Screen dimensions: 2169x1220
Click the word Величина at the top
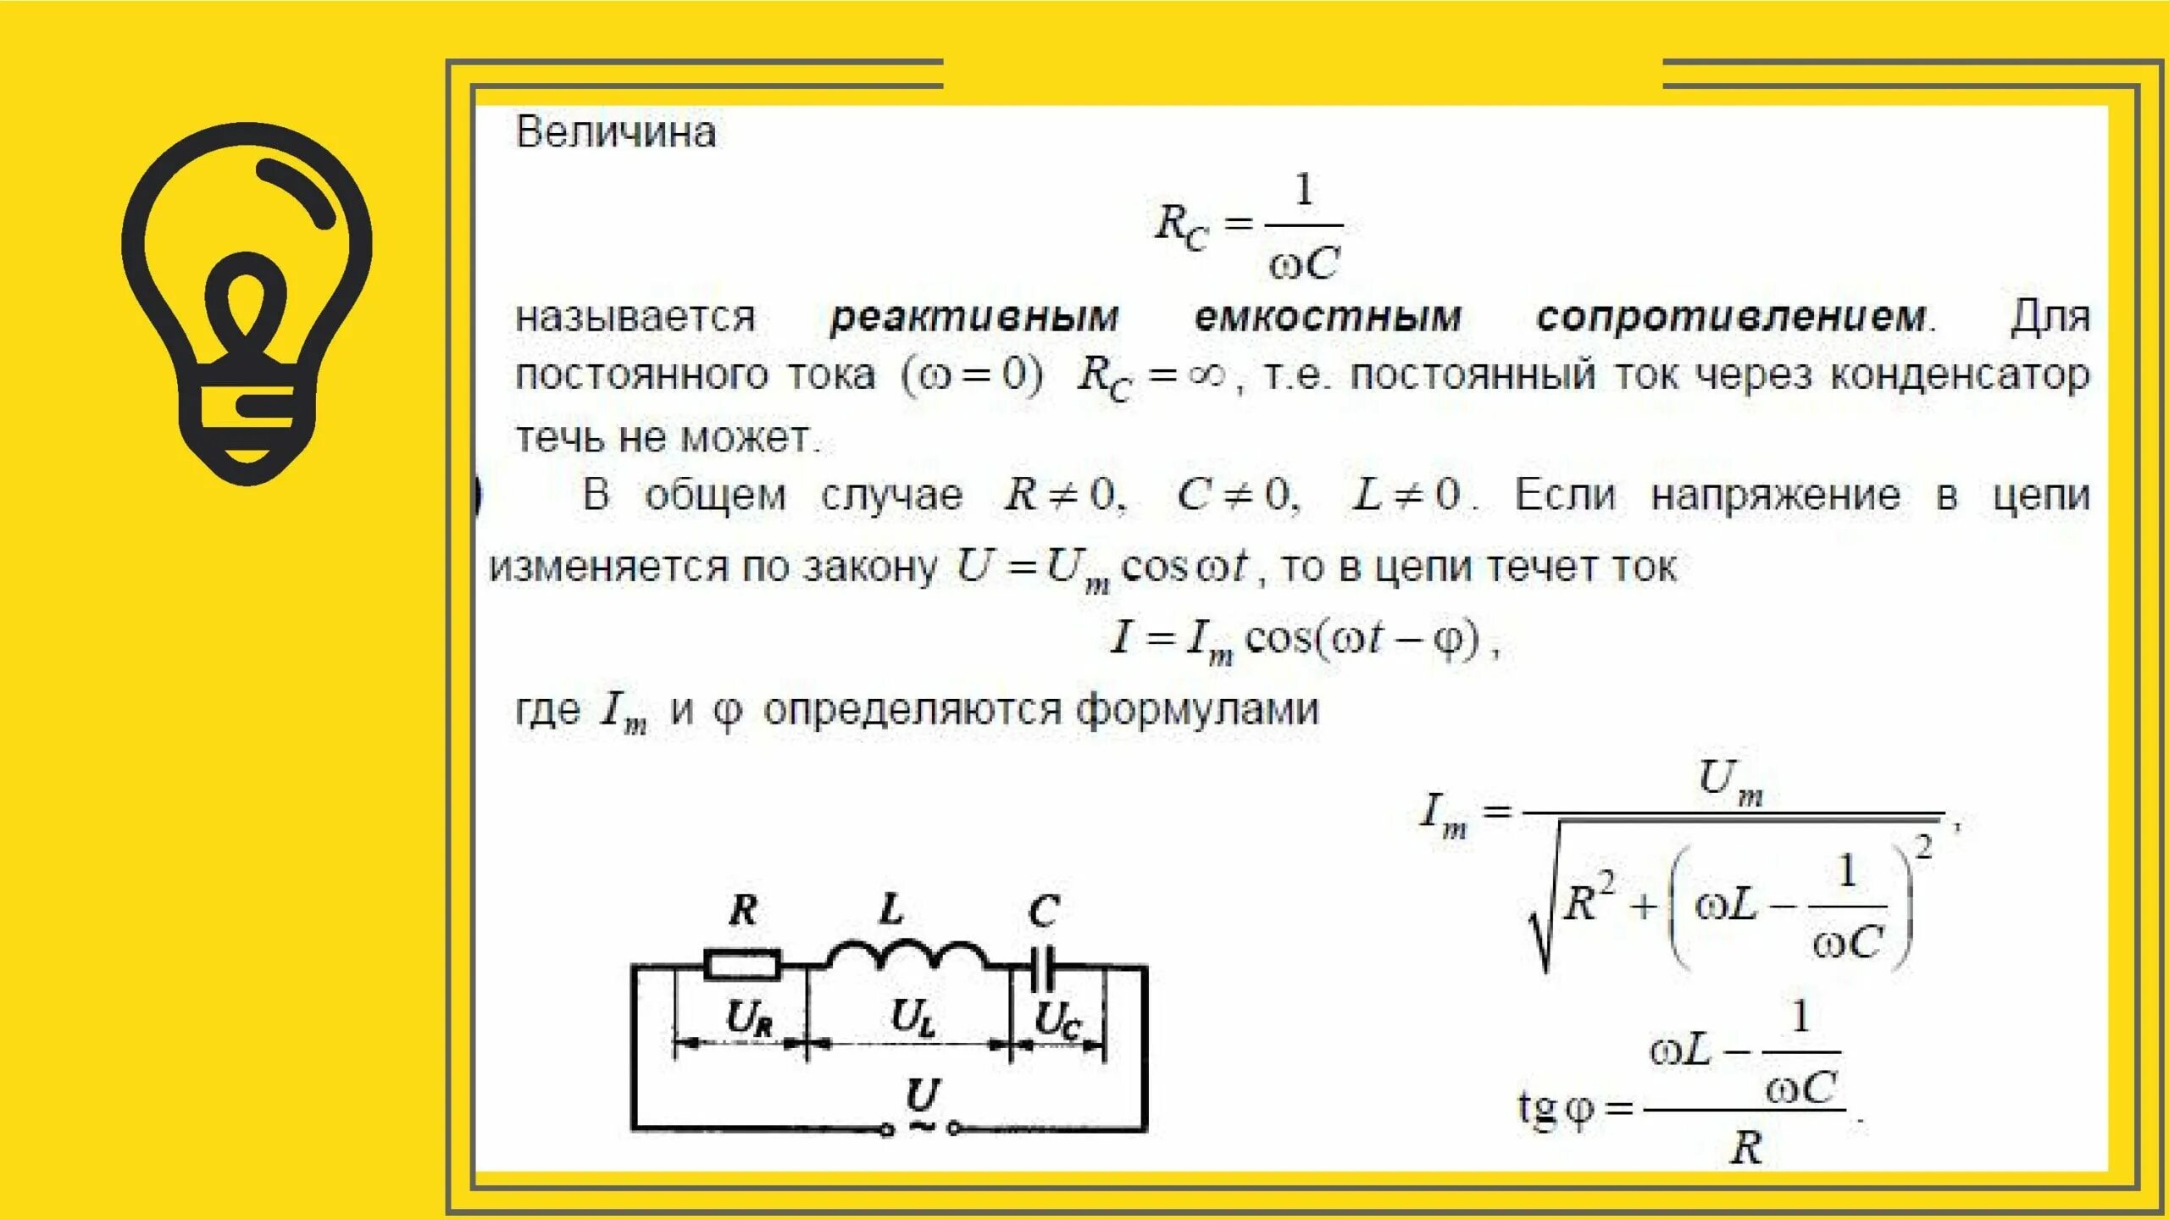616,133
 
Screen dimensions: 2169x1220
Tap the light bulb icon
247,302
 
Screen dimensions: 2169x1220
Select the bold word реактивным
974,318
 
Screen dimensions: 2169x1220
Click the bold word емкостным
1328,318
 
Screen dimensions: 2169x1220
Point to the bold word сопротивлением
1734,318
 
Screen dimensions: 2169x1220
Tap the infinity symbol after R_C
1207,374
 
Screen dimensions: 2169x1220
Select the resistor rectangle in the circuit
742,965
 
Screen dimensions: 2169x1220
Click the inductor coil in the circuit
906,955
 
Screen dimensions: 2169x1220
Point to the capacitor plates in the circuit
1042,967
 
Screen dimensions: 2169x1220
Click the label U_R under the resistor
749,1018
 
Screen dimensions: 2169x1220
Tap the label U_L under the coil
913,1018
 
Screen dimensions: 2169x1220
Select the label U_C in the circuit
1057,1019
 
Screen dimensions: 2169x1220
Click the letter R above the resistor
743,911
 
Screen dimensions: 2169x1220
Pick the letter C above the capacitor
1043,912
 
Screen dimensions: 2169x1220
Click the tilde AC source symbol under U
921,1126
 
